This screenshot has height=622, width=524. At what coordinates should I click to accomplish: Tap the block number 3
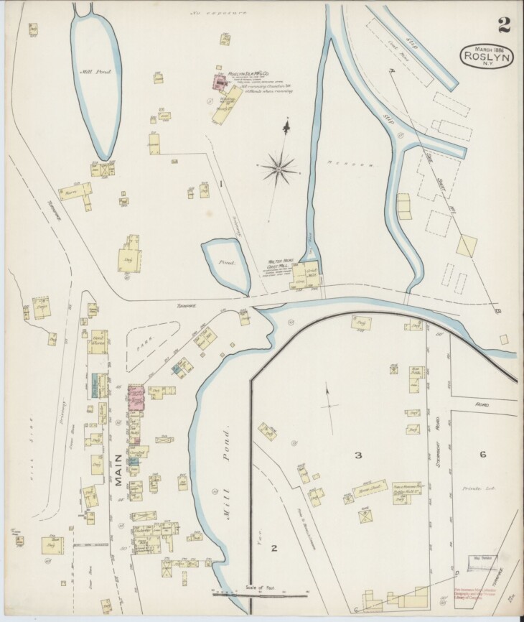click(357, 455)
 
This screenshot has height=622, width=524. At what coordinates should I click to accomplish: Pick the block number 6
click(483, 453)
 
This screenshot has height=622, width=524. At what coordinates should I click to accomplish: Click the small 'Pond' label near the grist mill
click(222, 263)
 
